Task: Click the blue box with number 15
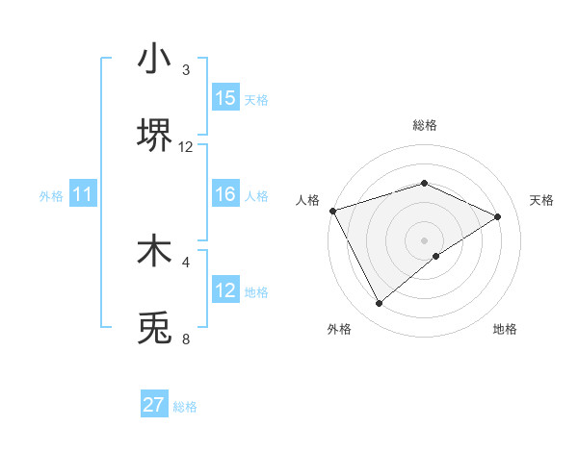pyautogui.click(x=225, y=98)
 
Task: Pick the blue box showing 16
pyautogui.click(x=225, y=194)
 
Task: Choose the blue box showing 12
pyautogui.click(x=225, y=290)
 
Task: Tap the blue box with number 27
pyautogui.click(x=154, y=405)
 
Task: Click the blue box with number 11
pyautogui.click(x=83, y=194)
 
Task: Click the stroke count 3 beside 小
pyautogui.click(x=186, y=70)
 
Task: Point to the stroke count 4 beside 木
pyautogui.click(x=186, y=261)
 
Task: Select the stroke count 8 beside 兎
pyautogui.click(x=186, y=339)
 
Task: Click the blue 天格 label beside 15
pyautogui.click(x=256, y=99)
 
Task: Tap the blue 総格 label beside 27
pyautogui.click(x=185, y=406)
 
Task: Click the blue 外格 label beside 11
pyautogui.click(x=51, y=195)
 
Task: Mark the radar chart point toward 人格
pyautogui.click(x=332, y=211)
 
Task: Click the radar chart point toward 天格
pyautogui.click(x=498, y=216)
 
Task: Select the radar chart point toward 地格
pyautogui.click(x=436, y=256)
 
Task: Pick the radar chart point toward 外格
pyautogui.click(x=379, y=304)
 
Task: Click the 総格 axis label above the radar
pyautogui.click(x=425, y=125)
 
